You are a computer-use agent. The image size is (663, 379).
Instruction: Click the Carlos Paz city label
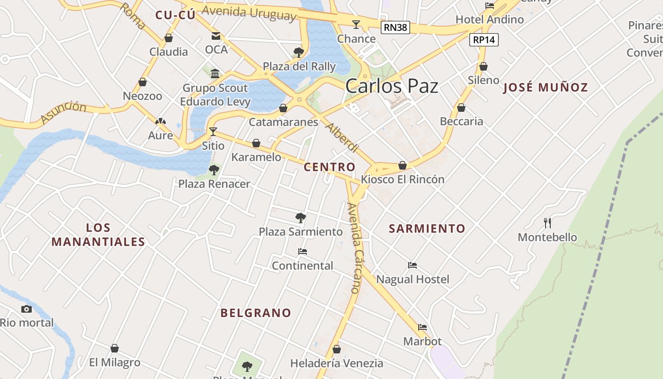392,87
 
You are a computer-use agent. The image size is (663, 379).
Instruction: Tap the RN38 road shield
395,27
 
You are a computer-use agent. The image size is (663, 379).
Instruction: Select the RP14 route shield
484,40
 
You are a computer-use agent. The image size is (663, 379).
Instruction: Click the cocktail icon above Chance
356,25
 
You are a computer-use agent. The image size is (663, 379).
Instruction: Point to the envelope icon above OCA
216,36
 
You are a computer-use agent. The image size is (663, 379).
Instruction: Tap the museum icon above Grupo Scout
215,73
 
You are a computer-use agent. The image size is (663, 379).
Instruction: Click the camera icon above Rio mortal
27,309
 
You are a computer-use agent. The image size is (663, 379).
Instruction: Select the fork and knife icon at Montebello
547,223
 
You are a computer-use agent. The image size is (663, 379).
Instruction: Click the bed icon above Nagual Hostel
412,265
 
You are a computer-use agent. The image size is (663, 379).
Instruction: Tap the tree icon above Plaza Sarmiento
300,218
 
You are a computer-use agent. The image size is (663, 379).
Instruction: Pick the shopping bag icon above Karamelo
256,143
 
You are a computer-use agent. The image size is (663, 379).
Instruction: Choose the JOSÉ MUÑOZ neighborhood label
545,87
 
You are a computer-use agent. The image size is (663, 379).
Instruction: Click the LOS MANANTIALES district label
98,235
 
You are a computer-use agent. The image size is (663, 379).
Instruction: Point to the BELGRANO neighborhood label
256,313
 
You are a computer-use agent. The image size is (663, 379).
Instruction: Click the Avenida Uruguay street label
249,13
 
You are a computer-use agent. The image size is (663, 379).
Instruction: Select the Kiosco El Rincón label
403,180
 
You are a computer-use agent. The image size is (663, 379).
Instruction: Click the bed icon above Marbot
422,327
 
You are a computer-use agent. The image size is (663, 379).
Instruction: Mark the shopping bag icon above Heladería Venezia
337,350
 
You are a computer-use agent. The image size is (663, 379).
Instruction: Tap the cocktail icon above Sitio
213,131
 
